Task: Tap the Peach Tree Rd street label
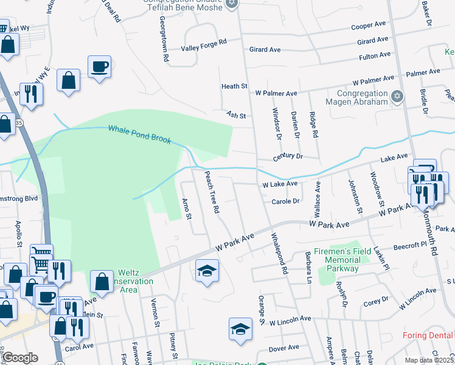pos(211,192)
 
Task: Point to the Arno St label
pos(187,208)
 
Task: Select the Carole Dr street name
pos(286,201)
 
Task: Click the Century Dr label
pos(288,156)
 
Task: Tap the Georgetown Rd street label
pos(164,40)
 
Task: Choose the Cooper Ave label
pos(369,26)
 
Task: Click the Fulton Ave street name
pos(374,55)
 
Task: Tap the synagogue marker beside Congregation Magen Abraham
pos(397,96)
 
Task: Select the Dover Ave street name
pos(284,348)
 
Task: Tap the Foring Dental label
pos(428,336)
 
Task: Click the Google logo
pos(20,358)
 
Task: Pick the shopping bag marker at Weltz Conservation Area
pos(102,281)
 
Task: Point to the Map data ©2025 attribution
pos(428,360)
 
